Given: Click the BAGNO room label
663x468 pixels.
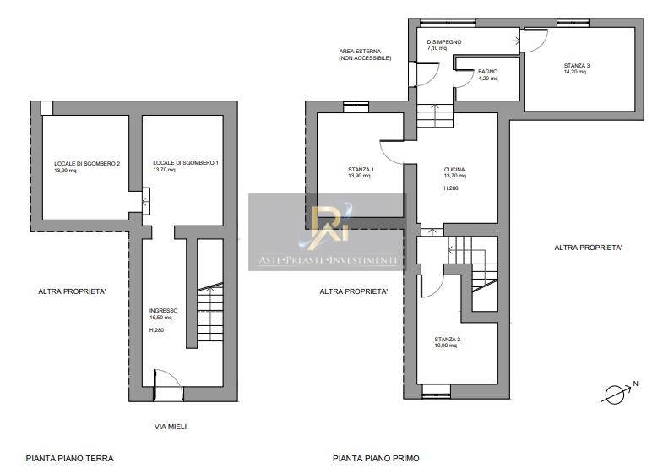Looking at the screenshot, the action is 487,72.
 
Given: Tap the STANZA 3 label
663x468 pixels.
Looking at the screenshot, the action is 577,66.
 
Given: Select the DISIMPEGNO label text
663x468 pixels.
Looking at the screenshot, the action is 444,42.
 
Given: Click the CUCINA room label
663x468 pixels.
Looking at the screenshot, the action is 454,170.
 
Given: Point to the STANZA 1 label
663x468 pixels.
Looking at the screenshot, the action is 361,170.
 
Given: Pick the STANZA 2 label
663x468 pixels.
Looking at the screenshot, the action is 448,339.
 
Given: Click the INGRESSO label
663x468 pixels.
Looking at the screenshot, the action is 163,311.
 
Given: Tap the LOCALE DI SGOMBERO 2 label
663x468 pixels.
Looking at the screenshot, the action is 87,164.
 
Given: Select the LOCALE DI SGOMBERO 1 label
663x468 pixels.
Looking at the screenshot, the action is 186,163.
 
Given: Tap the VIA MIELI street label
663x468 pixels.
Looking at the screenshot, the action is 171,427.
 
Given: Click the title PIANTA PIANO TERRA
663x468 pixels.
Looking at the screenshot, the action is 70,458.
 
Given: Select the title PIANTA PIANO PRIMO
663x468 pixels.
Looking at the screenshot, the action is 376,458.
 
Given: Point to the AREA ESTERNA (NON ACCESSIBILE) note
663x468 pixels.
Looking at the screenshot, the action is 365,55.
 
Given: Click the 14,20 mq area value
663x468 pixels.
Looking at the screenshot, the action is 575,72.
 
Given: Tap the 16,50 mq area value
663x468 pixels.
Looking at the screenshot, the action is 160,317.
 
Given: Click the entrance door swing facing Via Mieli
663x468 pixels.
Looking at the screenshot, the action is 169,384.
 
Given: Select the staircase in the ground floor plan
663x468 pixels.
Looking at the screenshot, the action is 210,313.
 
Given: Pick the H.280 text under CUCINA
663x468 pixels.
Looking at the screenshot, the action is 451,188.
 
